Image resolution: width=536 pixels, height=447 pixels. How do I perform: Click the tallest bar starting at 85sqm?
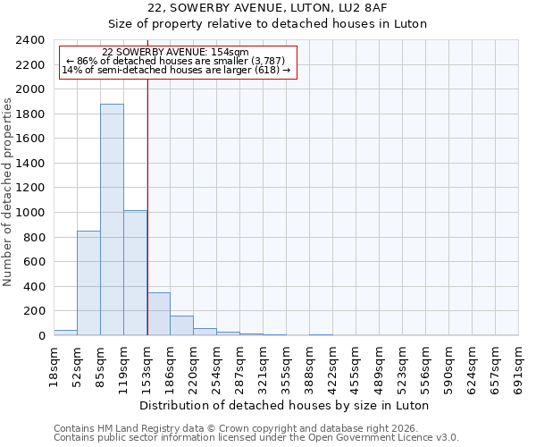click(x=112, y=220)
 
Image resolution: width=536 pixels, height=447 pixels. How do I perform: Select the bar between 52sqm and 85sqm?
click(x=88, y=283)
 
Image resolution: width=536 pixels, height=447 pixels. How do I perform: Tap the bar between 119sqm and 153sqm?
click(x=135, y=273)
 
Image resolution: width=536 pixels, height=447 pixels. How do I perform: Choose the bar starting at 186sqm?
click(x=181, y=325)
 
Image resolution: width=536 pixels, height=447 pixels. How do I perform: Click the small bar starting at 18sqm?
click(x=65, y=333)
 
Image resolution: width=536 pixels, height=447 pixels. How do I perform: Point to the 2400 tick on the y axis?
click(x=31, y=41)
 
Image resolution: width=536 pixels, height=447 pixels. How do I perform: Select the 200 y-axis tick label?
click(x=35, y=311)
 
